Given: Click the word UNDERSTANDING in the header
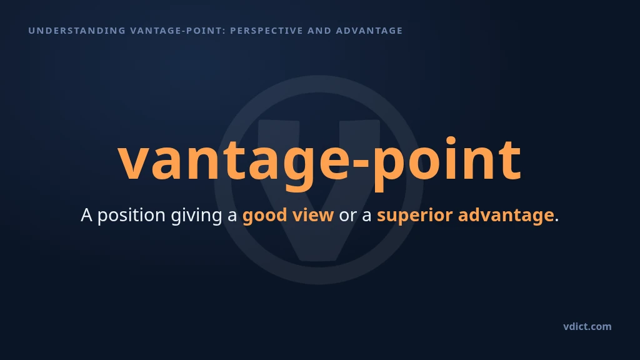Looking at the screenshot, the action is coord(77,31).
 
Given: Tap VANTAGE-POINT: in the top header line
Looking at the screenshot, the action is coord(178,31).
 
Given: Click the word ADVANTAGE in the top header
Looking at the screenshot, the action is coord(369,31).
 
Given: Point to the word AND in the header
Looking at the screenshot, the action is coord(319,31).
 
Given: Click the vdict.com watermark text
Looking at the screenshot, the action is coord(587,326).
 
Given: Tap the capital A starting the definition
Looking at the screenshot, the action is coord(86,215).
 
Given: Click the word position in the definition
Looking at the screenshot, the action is coord(131,216).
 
